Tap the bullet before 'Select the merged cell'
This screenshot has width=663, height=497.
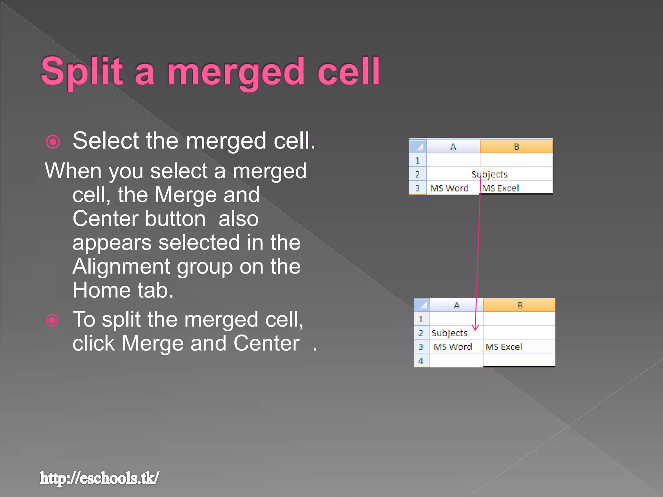tap(53, 142)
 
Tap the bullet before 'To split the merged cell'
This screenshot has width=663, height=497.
tap(52, 320)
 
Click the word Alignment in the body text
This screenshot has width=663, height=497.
tap(121, 266)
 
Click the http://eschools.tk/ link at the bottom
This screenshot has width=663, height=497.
tap(99, 478)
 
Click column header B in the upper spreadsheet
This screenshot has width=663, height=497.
tap(516, 147)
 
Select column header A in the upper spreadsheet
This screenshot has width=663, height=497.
tap(453, 147)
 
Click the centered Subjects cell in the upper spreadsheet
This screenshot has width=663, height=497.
tap(489, 174)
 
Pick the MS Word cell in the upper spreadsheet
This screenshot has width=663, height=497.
tap(449, 188)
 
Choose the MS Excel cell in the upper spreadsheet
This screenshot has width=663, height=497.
tap(500, 188)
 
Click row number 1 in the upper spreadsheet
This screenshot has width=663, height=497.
tap(417, 160)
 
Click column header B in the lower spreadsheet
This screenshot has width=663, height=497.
tap(520, 305)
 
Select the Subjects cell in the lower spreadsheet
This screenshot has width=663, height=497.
tap(449, 333)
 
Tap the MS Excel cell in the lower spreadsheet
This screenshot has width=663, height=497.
tap(504, 347)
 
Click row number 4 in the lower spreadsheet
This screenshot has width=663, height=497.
tap(421, 360)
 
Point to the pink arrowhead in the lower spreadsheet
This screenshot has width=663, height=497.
tap(475, 328)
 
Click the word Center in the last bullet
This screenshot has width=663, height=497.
tap(266, 343)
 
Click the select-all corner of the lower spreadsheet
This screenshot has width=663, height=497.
tap(422, 305)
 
